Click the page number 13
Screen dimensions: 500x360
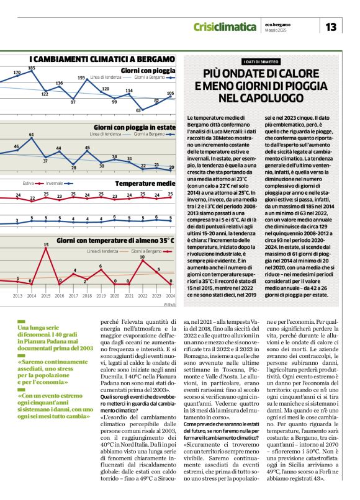(x=331, y=27)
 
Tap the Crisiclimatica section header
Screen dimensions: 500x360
(x=225, y=27)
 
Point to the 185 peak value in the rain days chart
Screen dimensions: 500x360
(x=32, y=68)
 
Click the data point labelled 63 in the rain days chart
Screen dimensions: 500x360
(x=139, y=110)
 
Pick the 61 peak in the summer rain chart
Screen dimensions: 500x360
(x=32, y=134)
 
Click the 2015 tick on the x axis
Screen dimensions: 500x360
(x=46, y=297)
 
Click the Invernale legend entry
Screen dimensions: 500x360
(x=54, y=184)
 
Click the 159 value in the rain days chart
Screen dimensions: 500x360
(x=81, y=78)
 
